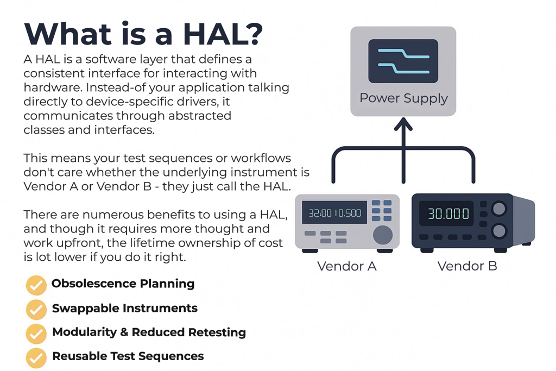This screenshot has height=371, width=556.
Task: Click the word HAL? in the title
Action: pos(223,34)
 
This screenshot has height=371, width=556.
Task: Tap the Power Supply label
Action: pos(403,98)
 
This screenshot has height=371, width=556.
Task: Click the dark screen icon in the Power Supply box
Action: pos(403,60)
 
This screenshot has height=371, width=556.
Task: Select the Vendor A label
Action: pos(347,266)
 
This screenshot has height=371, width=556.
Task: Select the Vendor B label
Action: pos(467,266)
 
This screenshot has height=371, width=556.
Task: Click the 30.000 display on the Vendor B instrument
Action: pos(448,213)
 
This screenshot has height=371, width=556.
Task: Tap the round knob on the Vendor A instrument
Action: pos(383,234)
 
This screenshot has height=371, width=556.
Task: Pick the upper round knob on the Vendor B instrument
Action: pos(498,209)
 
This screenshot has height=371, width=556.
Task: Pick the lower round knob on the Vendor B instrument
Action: pos(498,231)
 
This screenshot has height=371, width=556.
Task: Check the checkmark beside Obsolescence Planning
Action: pos(36,285)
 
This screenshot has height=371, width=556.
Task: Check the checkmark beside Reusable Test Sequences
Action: pos(36,358)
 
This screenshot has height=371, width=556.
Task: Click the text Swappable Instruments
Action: pos(124,309)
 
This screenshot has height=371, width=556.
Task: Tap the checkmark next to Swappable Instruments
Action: pos(36,310)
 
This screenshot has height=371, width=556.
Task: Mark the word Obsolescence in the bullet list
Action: pos(93,284)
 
